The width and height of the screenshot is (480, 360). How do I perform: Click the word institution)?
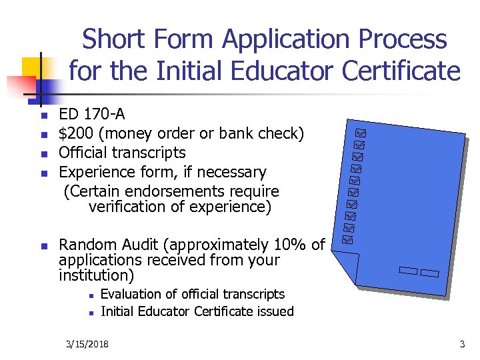pyautogui.click(x=96, y=275)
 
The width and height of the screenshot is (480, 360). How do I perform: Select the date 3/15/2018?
pyautogui.click(x=88, y=344)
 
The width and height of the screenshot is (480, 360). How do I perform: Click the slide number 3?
pyautogui.click(x=462, y=344)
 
